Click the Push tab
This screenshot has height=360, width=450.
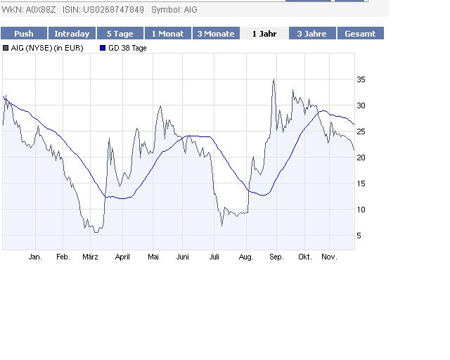[24, 34]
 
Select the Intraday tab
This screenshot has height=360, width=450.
[72, 34]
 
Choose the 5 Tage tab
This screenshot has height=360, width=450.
[119, 34]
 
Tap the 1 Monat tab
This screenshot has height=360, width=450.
[167, 34]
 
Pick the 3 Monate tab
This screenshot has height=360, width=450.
[215, 34]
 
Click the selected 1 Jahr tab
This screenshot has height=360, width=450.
[264, 34]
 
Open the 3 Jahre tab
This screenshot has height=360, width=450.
[311, 34]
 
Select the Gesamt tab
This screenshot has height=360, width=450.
[360, 34]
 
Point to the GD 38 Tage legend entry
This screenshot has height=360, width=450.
[127, 48]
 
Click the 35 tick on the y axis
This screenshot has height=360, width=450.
[361, 80]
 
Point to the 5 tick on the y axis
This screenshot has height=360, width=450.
[359, 236]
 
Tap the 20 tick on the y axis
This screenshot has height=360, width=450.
[361, 157]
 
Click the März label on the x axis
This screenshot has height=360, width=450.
[90, 257]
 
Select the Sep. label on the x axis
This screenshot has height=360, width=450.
[276, 257]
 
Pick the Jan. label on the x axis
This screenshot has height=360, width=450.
[35, 257]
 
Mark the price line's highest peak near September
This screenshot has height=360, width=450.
[274, 79]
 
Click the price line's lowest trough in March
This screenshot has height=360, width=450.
[96, 231]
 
